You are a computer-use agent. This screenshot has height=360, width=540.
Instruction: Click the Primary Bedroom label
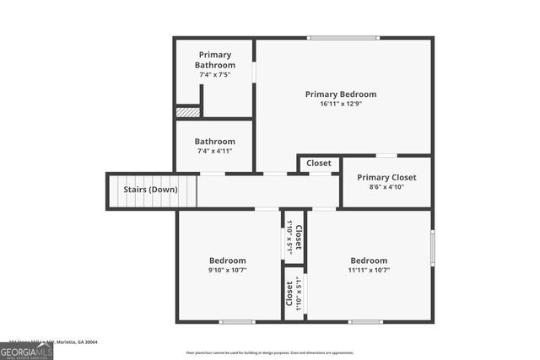341,94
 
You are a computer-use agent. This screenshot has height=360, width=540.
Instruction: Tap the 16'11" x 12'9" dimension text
341,105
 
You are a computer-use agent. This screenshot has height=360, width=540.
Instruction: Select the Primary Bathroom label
214,60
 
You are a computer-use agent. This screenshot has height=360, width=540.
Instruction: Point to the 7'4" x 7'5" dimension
214,75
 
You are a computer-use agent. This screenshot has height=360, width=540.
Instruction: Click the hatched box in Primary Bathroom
187,111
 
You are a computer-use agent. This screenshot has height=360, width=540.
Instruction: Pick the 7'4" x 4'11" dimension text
214,152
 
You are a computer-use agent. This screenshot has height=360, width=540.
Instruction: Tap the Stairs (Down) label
150,190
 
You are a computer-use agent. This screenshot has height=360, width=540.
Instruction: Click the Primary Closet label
386,178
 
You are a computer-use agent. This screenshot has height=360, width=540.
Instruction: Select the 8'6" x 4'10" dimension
386,187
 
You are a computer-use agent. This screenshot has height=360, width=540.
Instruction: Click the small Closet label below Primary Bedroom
319,164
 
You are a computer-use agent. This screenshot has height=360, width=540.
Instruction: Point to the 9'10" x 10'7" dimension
228,271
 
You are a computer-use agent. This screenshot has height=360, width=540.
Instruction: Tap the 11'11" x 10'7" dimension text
369,271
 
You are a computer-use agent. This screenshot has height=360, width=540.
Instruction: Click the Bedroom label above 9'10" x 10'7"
228,261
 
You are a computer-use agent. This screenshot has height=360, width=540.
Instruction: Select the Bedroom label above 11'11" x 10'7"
369,261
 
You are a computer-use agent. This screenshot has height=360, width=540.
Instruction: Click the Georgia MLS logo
26,348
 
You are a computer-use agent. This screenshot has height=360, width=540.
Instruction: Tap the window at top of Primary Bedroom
343,38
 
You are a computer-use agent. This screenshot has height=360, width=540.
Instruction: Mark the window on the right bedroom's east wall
433,249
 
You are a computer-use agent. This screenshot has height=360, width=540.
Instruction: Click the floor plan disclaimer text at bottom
270,352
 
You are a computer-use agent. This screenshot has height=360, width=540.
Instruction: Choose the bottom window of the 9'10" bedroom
237,321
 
